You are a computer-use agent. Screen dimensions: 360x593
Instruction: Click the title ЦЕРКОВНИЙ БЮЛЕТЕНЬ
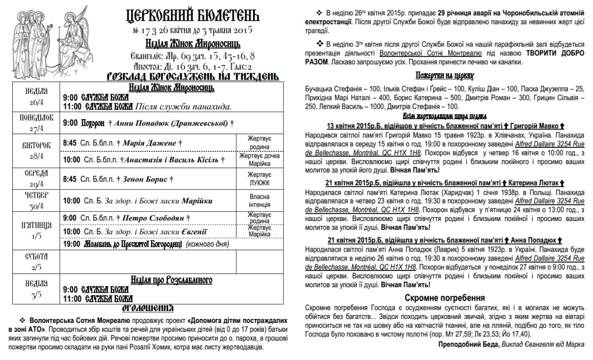click(192, 16)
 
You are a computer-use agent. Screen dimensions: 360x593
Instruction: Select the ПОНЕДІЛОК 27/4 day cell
click(36, 123)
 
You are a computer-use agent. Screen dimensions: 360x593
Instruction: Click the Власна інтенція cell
click(260, 201)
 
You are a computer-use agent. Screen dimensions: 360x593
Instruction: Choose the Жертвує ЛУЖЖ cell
click(260, 179)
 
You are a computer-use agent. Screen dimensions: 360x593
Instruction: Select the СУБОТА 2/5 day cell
click(36, 261)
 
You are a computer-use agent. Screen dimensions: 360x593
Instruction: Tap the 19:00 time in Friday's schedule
click(71, 244)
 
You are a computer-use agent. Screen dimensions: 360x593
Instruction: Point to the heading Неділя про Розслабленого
click(171, 280)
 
